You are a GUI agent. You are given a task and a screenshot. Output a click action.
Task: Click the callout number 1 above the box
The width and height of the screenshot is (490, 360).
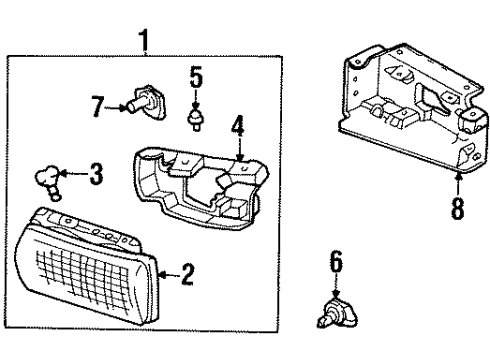[145, 42]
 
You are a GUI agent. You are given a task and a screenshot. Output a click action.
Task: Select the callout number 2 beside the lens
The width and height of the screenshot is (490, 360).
[187, 273]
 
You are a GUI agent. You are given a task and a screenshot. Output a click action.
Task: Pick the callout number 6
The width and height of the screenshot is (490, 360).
[336, 263]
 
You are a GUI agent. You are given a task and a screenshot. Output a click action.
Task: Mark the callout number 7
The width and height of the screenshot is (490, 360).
[96, 106]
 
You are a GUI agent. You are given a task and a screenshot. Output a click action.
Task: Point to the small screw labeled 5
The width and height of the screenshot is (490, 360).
[196, 120]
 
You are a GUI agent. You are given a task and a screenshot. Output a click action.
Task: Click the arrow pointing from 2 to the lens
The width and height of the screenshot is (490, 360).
[166, 273]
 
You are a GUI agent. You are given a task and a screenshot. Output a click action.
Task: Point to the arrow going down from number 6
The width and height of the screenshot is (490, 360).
[336, 285]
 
